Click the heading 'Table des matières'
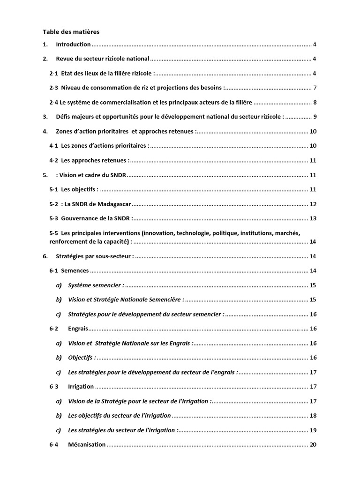[x=71, y=32]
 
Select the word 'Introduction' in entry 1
[x=73, y=45]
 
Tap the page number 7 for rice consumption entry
[x=315, y=88]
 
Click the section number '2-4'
[x=54, y=103]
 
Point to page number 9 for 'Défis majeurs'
[x=315, y=117]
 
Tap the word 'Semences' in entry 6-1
[x=75, y=271]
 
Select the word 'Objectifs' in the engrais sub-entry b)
[x=81, y=358]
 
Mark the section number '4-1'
[x=54, y=146]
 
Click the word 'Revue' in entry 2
[x=65, y=59]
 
